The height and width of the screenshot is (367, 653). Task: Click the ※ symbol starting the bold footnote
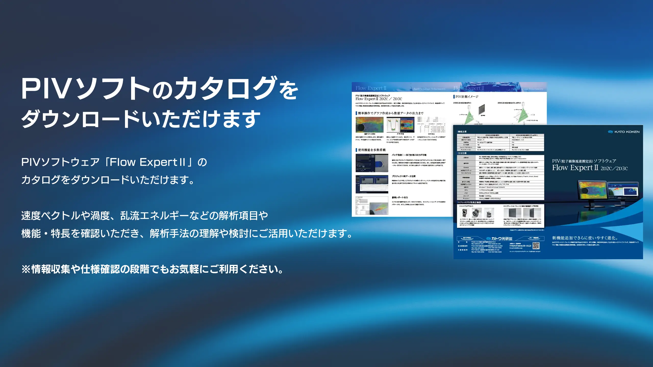26,269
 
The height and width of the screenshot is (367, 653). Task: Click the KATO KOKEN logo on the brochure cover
624,132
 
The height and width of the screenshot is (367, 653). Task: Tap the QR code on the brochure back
536,246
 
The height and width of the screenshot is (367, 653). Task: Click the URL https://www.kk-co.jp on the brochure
520,246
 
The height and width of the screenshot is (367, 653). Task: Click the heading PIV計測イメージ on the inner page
467,97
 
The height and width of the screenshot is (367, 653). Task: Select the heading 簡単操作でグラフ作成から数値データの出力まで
391,113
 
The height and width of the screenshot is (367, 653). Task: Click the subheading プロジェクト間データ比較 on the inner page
404,176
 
